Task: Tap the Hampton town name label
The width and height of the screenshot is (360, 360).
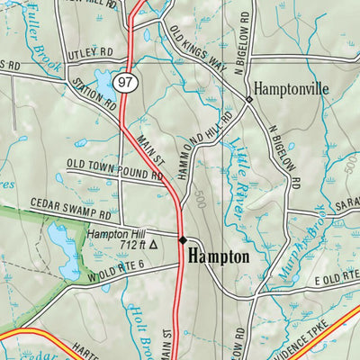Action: pyautogui.click(x=218, y=256)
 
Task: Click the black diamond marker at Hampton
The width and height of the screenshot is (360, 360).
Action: pyautogui.click(x=183, y=240)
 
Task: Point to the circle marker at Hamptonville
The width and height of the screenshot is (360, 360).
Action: pyautogui.click(x=248, y=99)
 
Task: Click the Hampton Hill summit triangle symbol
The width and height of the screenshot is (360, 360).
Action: pyautogui.click(x=153, y=243)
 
